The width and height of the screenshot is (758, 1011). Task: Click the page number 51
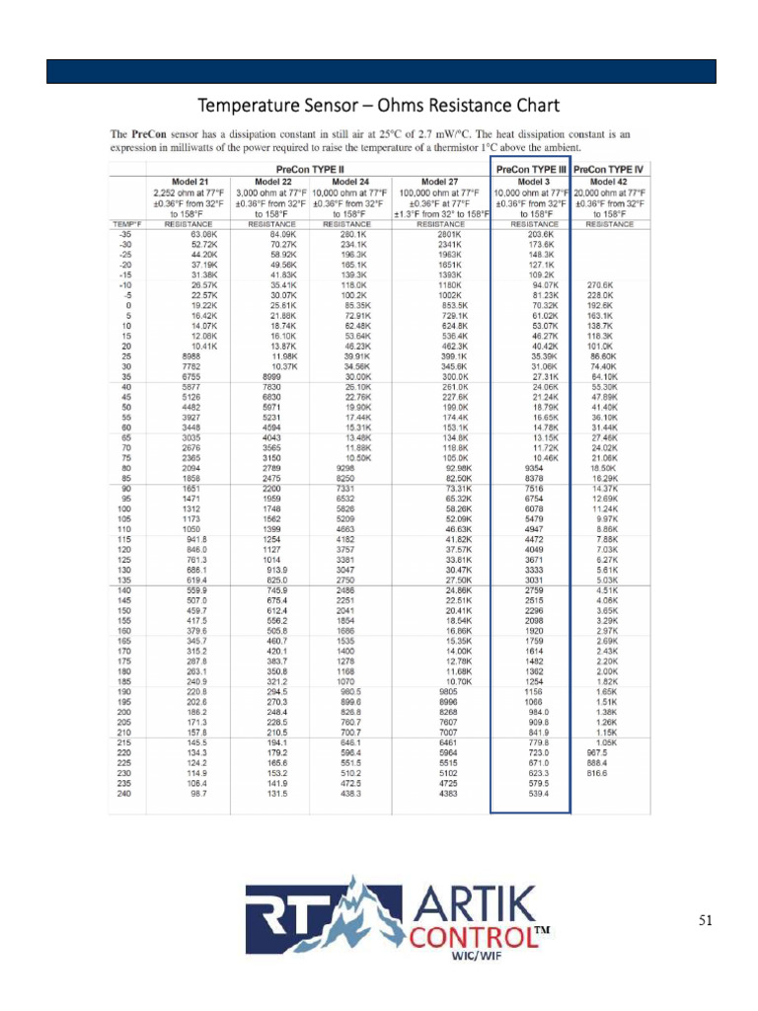(705, 921)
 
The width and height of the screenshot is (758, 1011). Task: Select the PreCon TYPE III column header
(531, 169)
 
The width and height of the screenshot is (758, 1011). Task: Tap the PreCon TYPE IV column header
(609, 169)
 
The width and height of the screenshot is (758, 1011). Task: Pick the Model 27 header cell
(441, 182)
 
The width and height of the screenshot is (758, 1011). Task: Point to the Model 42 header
(609, 182)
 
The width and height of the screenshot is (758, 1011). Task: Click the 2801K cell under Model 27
(452, 234)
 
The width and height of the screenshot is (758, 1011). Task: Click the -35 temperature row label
(125, 234)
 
